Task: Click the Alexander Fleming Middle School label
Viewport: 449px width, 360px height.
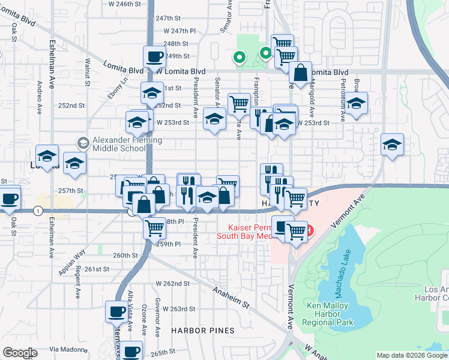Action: [127, 145]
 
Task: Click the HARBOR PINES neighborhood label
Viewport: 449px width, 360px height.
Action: [197, 331]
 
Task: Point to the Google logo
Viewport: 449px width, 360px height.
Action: [20, 353]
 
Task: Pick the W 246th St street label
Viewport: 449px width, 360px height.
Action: [127, 4]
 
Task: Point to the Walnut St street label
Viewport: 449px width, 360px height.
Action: [88, 67]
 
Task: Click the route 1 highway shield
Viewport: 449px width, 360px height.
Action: [38, 211]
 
